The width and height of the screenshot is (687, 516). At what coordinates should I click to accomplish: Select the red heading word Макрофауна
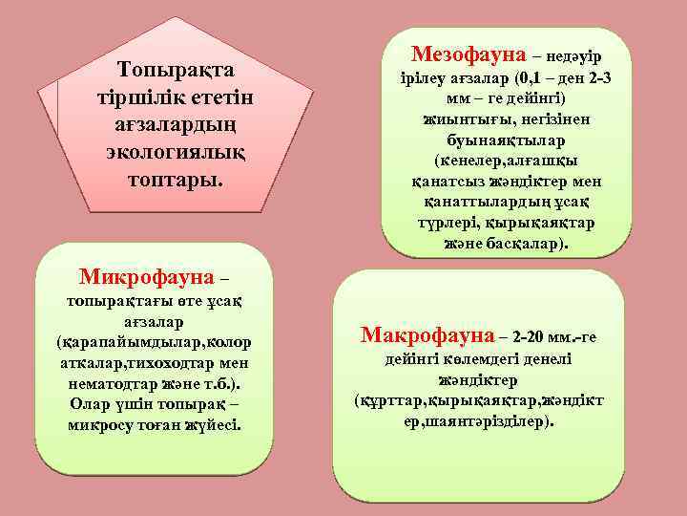428,335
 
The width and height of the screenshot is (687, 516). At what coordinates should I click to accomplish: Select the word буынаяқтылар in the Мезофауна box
505,140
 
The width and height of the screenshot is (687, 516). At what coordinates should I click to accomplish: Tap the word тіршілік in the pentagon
133,97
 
